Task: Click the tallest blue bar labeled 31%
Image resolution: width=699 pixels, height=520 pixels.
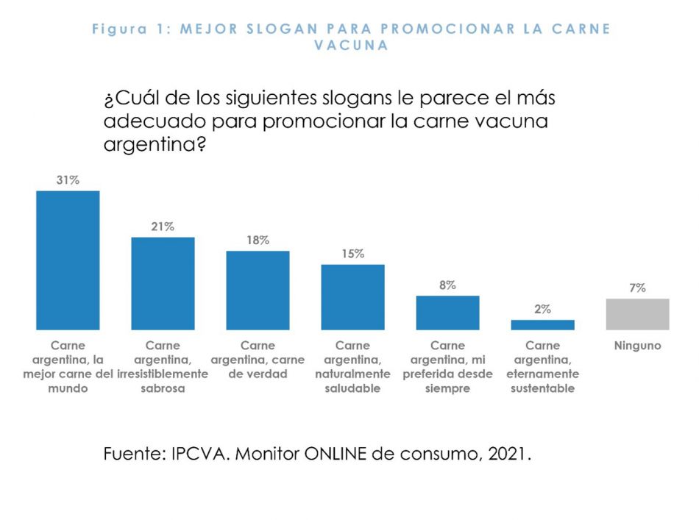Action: tap(68, 260)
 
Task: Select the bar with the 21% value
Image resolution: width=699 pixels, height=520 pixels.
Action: tap(163, 283)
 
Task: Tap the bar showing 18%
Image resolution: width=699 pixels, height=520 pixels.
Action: tap(258, 290)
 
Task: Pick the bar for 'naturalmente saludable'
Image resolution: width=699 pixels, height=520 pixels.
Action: tap(352, 296)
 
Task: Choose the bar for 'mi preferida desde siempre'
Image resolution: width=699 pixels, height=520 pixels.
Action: tap(447, 313)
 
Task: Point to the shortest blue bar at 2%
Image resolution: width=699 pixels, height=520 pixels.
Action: tap(542, 324)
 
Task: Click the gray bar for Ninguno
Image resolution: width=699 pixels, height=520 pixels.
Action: tap(637, 314)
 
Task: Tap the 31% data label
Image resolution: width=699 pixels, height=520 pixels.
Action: tap(68, 179)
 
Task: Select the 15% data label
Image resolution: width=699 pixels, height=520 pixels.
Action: tap(352, 254)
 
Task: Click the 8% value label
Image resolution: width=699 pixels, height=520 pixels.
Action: tap(447, 285)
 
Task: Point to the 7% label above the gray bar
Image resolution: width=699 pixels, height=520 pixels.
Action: tap(637, 288)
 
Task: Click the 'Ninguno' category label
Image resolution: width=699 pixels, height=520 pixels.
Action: tap(637, 345)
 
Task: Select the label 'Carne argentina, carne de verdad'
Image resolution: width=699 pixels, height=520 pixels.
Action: tap(258, 359)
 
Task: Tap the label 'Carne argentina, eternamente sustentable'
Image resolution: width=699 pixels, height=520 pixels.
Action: tap(542, 366)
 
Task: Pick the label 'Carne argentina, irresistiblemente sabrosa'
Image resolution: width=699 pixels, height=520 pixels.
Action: tap(163, 366)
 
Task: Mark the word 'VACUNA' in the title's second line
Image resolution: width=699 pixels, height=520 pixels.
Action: tap(351, 45)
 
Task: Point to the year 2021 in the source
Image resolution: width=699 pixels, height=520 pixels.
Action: tap(508, 454)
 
